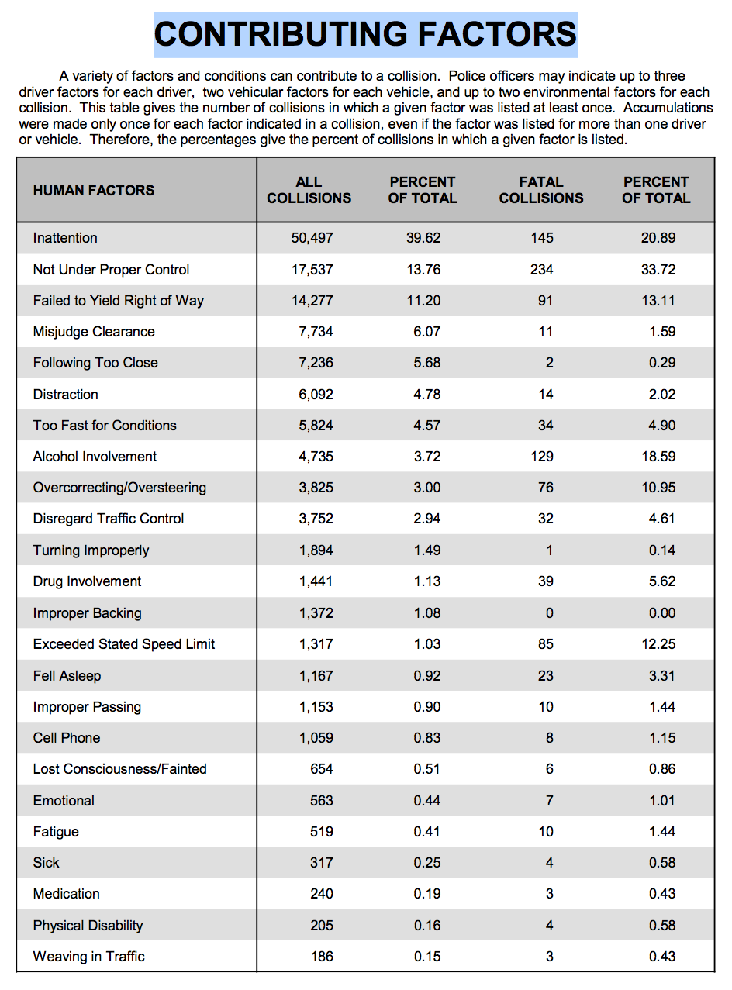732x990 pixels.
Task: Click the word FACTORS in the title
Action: tap(496, 34)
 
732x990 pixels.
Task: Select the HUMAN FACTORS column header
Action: tap(94, 191)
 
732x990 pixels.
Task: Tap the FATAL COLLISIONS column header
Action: tap(540, 190)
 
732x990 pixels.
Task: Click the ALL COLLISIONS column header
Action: tap(309, 190)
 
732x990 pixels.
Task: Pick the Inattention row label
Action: tap(65, 238)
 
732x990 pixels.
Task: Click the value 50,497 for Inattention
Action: tap(312, 238)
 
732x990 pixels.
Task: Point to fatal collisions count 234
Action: tap(542, 270)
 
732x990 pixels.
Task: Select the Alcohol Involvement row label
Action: tap(95, 457)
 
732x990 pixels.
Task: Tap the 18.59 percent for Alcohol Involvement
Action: tap(659, 457)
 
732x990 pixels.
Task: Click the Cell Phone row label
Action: tap(67, 738)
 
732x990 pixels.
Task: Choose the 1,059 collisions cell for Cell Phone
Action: tap(316, 738)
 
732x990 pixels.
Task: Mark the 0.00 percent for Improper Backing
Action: tap(662, 613)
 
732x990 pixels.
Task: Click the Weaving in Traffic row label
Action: tap(89, 957)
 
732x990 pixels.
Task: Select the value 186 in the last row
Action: tap(322, 957)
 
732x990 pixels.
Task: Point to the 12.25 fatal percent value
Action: tap(659, 644)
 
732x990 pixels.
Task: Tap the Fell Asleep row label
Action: tap(67, 676)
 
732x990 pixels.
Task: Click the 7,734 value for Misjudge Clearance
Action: tap(316, 332)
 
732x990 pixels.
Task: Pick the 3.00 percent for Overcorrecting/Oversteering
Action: tap(427, 488)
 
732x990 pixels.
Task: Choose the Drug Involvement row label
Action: tap(87, 581)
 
